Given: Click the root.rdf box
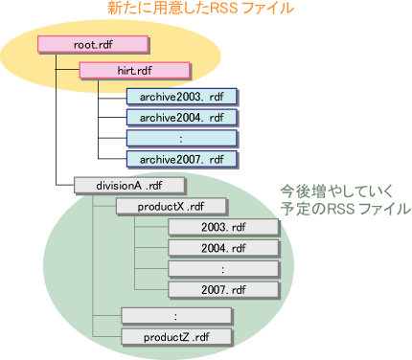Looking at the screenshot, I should point(93,44).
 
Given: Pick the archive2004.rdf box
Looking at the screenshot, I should point(181,117).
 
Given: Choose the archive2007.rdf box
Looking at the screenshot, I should point(181,159).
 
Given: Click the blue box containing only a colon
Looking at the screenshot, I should point(181,138).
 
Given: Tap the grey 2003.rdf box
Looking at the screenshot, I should point(222,227).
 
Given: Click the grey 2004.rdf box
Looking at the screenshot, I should point(222,248).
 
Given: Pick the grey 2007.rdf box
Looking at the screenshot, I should point(222,289).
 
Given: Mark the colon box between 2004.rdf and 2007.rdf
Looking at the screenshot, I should point(222,269).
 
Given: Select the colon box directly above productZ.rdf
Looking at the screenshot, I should point(176,315).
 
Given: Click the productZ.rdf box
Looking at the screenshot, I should point(176,336).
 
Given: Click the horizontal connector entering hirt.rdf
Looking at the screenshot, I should point(68,70).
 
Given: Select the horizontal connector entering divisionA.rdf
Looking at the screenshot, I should point(65,185).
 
